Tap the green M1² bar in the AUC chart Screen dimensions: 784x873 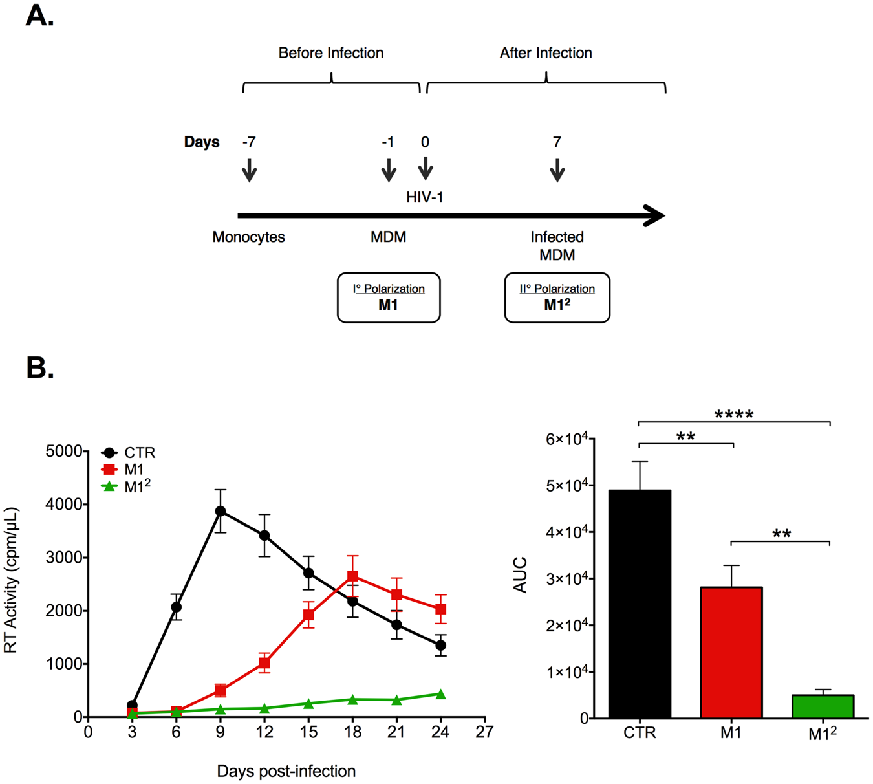click(823, 706)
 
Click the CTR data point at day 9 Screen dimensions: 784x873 click(221, 511)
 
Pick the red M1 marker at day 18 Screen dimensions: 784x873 click(352, 576)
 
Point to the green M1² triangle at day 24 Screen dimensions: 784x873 click(440, 694)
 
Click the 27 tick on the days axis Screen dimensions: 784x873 click(484, 732)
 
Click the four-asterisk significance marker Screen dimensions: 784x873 click(734, 414)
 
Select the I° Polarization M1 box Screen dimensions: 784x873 click(389, 298)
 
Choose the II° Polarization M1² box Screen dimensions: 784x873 click(557, 298)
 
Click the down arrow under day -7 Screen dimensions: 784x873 click(249, 171)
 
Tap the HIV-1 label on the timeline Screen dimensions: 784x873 click(425, 197)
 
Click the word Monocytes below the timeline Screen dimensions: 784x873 click(248, 237)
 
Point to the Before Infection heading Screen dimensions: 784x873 click(331, 53)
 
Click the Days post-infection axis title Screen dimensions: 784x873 click(286, 771)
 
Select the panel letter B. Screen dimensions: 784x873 click(39, 367)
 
